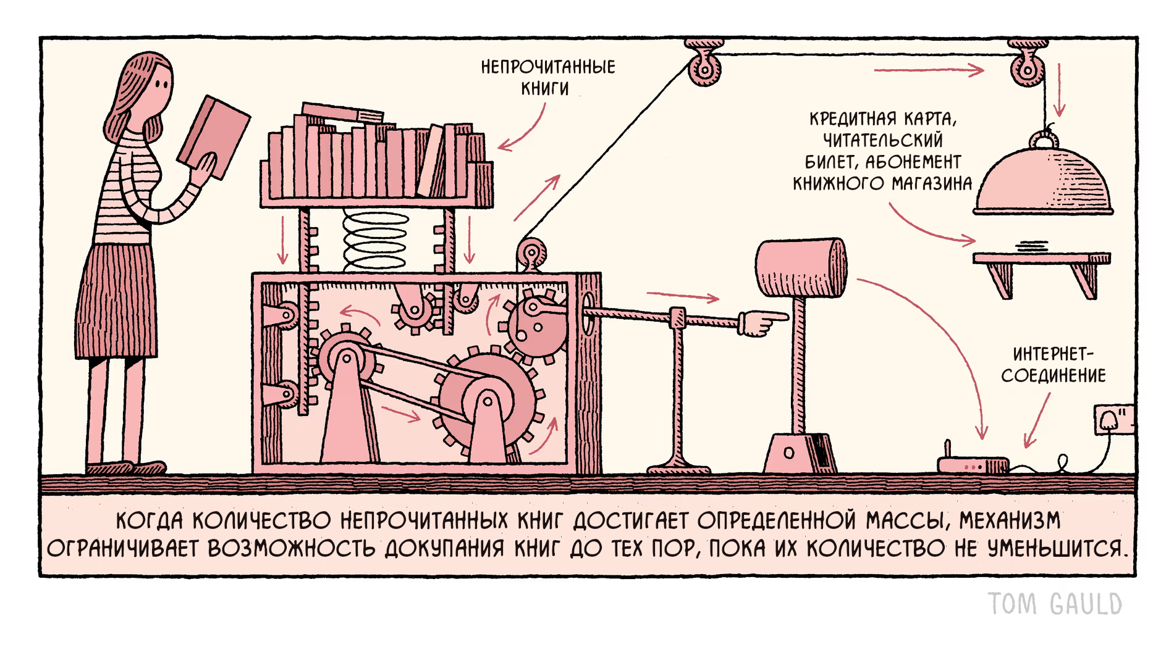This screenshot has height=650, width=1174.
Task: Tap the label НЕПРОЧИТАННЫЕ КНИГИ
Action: coord(547,77)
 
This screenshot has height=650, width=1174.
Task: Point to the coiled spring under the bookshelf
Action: coord(375,241)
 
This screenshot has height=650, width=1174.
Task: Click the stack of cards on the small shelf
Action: coord(1033,246)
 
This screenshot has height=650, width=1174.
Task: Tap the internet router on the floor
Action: coord(973,465)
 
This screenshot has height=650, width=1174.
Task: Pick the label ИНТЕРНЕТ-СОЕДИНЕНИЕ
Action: coord(1054,365)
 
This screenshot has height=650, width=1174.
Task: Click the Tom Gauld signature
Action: coord(1055,603)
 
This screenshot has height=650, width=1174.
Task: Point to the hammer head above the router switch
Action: coord(801,268)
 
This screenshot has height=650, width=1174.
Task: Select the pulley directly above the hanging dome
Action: coord(1027,66)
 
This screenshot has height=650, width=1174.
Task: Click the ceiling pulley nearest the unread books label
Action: coord(704,66)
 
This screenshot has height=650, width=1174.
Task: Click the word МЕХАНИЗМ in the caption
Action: coord(1010,521)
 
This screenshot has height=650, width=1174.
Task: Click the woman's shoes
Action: coord(127,468)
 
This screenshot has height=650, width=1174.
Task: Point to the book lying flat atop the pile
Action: coord(343,113)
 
